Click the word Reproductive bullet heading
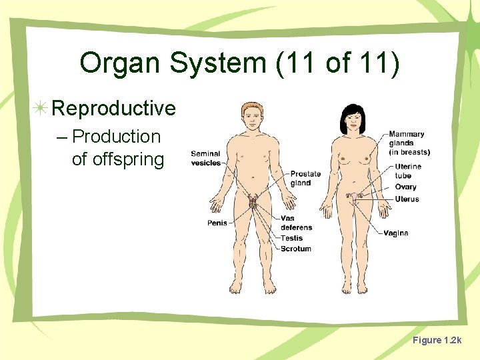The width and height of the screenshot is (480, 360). (113, 108)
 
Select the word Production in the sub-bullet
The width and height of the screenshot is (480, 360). (116, 137)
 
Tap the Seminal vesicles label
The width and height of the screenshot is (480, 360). (205, 159)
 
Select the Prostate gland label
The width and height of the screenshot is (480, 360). (305, 179)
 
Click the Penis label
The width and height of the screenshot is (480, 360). (217, 223)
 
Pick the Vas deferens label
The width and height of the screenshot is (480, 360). (296, 223)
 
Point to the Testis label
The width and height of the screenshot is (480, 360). (291, 238)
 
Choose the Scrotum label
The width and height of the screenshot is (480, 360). (295, 249)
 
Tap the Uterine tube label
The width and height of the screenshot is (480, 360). (407, 171)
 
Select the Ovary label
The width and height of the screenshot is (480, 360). (405, 187)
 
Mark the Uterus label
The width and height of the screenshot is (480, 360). (407, 199)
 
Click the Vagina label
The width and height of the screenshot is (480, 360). (396, 233)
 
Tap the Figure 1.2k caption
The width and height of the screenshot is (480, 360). (436, 341)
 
